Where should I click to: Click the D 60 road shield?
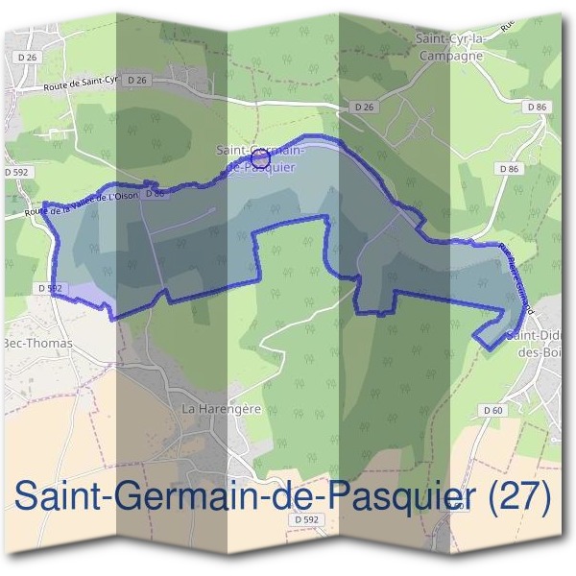tap(492, 410)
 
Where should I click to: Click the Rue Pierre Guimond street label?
tap(516, 271)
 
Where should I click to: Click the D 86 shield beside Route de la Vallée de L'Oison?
tap(156, 194)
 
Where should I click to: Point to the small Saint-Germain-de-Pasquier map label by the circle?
tap(260, 157)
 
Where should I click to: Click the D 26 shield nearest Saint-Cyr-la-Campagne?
tap(363, 107)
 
